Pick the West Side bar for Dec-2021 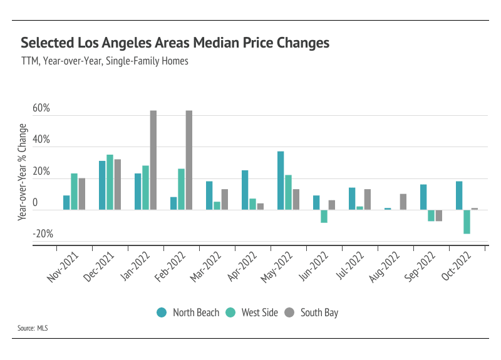[110, 182]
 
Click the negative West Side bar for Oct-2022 [467, 222]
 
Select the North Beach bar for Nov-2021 [66, 202]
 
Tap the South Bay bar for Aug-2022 [403, 202]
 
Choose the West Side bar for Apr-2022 [252, 203]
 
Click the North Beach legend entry [188, 312]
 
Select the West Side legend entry [254, 312]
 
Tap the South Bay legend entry [312, 312]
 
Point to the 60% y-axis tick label [41, 110]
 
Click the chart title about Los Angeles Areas [175, 43]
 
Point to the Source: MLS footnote [34, 328]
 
